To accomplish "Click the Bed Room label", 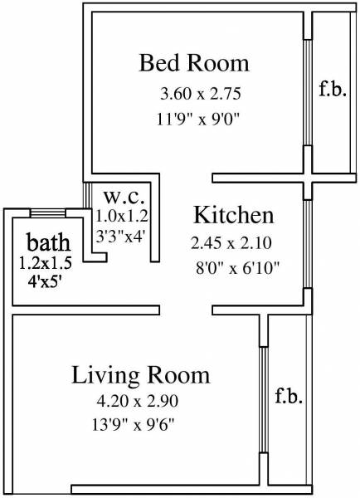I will tap(194, 63).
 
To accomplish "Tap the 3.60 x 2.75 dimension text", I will tap(194, 91).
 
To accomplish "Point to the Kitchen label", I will tap(233, 217).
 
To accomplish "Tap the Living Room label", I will tap(140, 374).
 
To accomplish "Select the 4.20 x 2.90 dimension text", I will tap(137, 401).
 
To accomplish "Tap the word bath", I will tap(47, 244).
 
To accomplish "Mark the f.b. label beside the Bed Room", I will tap(328, 87).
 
